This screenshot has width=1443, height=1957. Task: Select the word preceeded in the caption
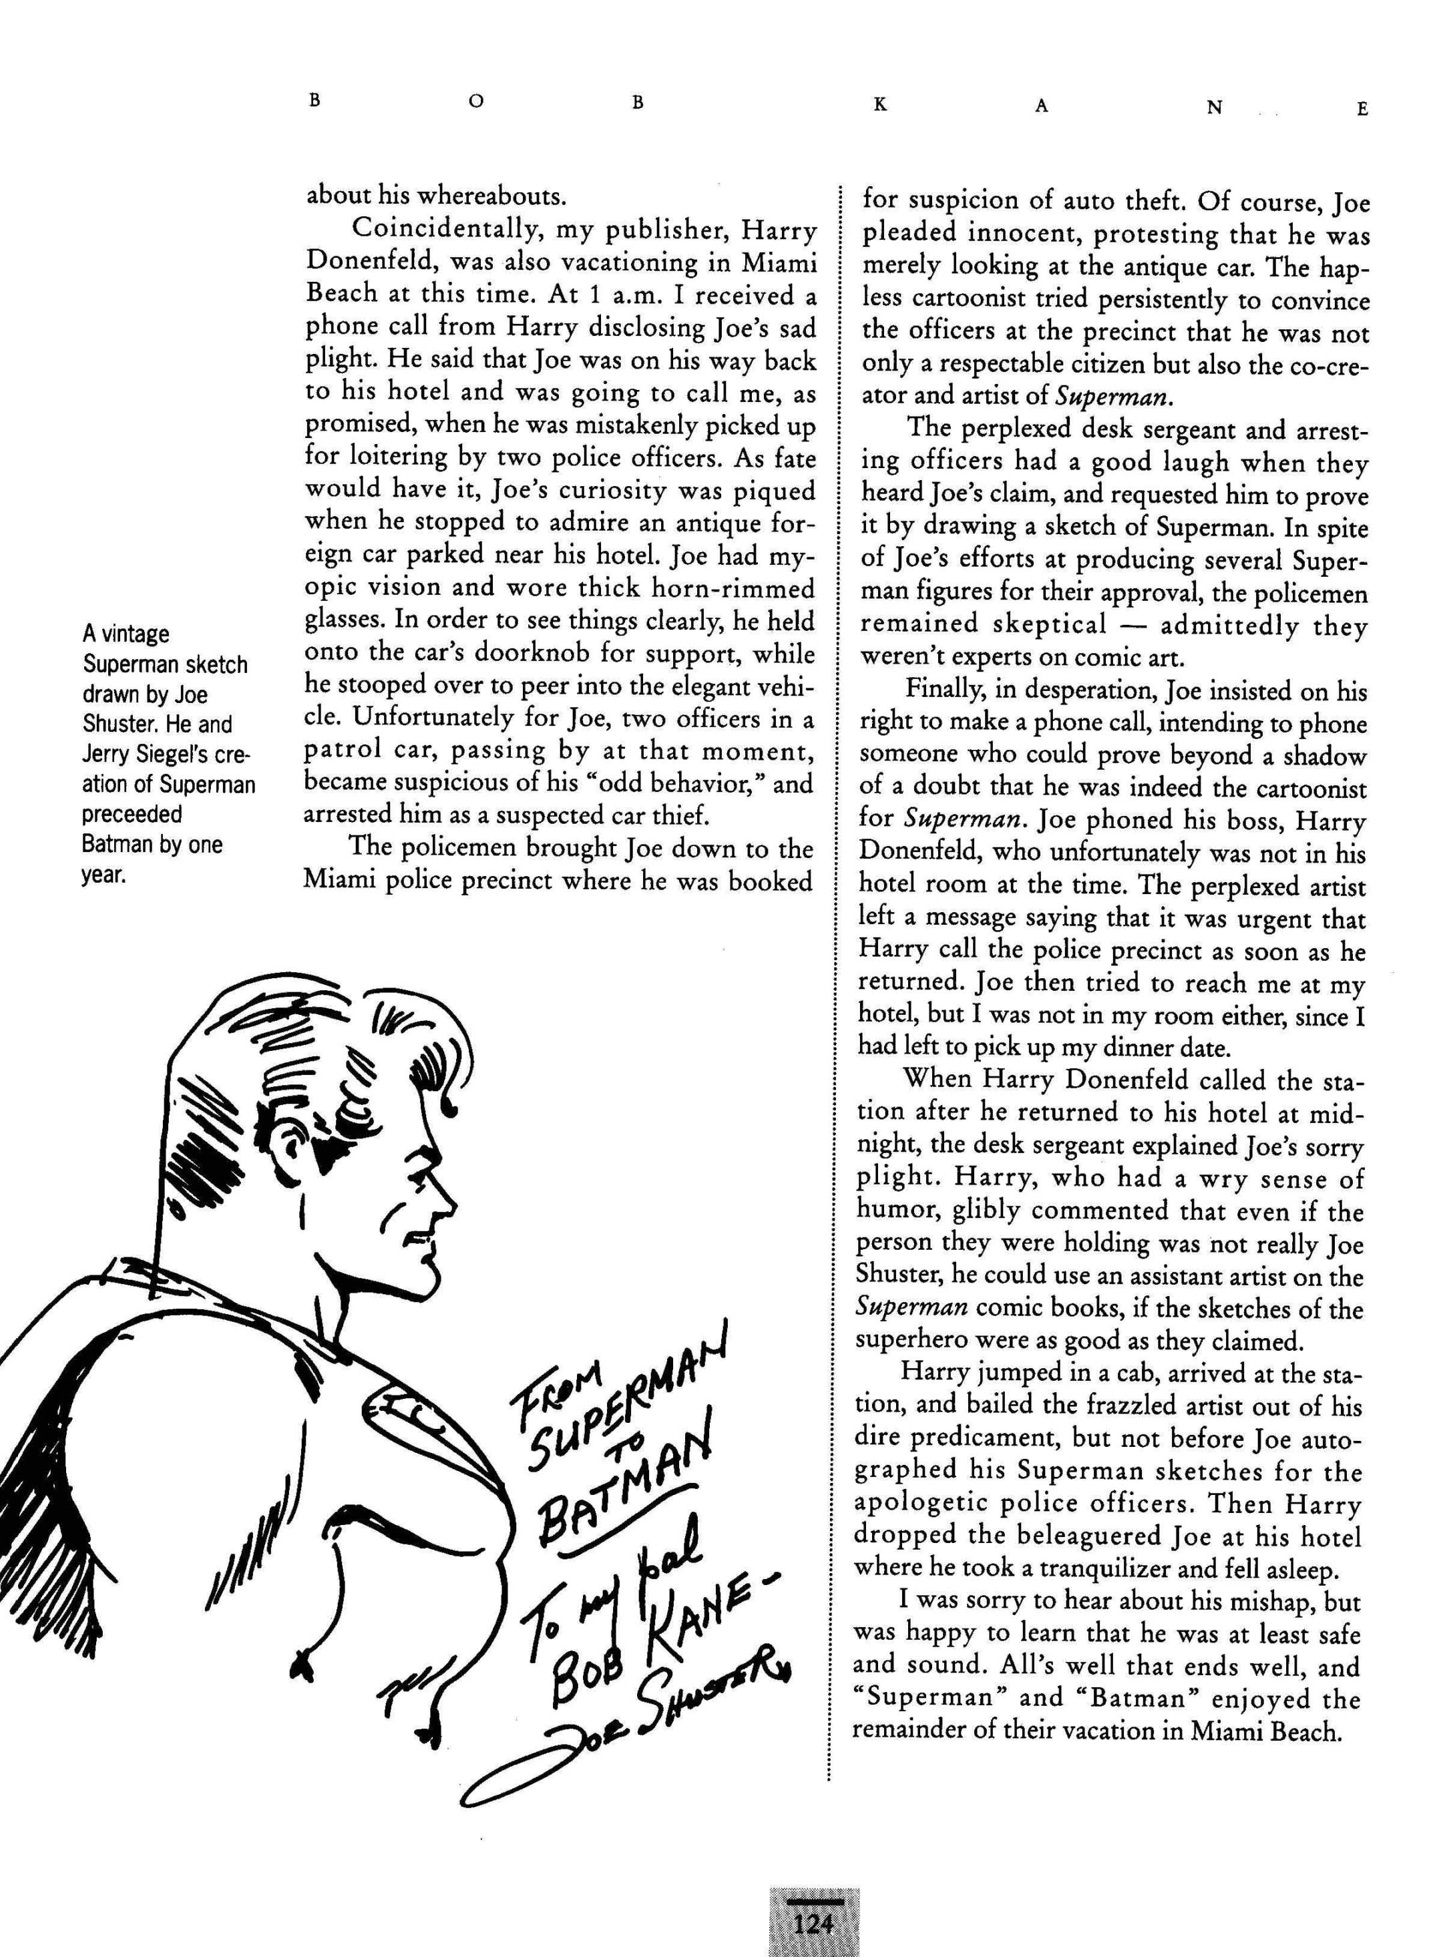pyautogui.click(x=132, y=814)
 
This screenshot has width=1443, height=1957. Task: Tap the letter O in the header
pyautogui.click(x=474, y=103)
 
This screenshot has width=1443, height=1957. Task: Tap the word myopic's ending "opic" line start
pyautogui.click(x=331, y=589)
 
